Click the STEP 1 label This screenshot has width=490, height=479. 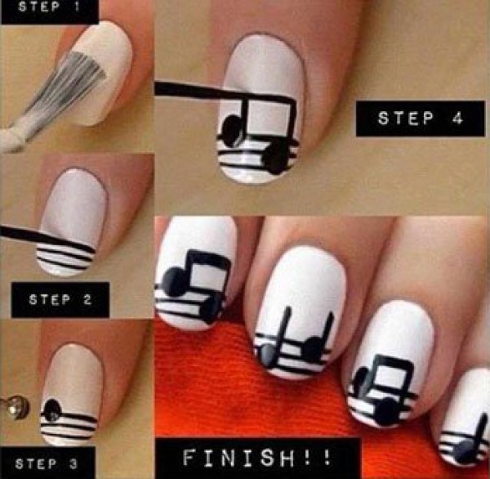click(49, 7)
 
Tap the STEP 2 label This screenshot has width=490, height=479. click(60, 300)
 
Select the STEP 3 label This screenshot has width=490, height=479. click(47, 463)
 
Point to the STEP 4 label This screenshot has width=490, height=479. click(421, 119)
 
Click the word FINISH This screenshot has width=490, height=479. click(238, 458)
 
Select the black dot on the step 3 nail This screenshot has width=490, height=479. click(52, 410)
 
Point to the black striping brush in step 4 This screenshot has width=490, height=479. click(200, 91)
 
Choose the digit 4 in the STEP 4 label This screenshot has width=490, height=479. click(457, 119)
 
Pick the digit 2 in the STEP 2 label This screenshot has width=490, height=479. click(87, 300)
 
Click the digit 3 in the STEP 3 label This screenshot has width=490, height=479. click(73, 464)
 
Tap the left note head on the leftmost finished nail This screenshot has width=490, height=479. click(174, 282)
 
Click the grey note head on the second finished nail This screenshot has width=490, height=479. click(266, 356)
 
